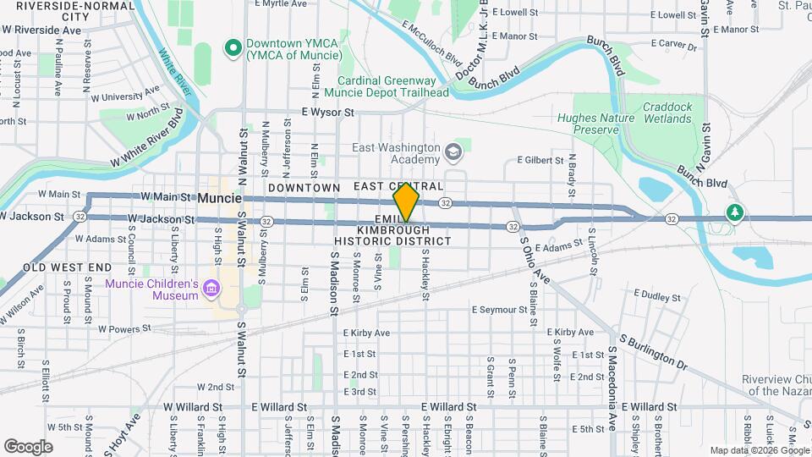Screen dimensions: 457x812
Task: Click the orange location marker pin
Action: [407, 202]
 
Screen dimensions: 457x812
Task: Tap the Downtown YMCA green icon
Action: [230, 47]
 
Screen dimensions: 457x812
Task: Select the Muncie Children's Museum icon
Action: [211, 291]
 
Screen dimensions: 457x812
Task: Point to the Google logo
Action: [28, 446]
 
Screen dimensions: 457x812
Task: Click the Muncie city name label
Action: [219, 198]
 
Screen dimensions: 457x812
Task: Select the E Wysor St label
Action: [326, 112]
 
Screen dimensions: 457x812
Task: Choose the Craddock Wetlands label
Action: [667, 113]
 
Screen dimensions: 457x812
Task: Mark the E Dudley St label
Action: [652, 297]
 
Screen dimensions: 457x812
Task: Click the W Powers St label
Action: [123, 328]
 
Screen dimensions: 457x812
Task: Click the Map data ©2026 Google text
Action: [759, 450]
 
